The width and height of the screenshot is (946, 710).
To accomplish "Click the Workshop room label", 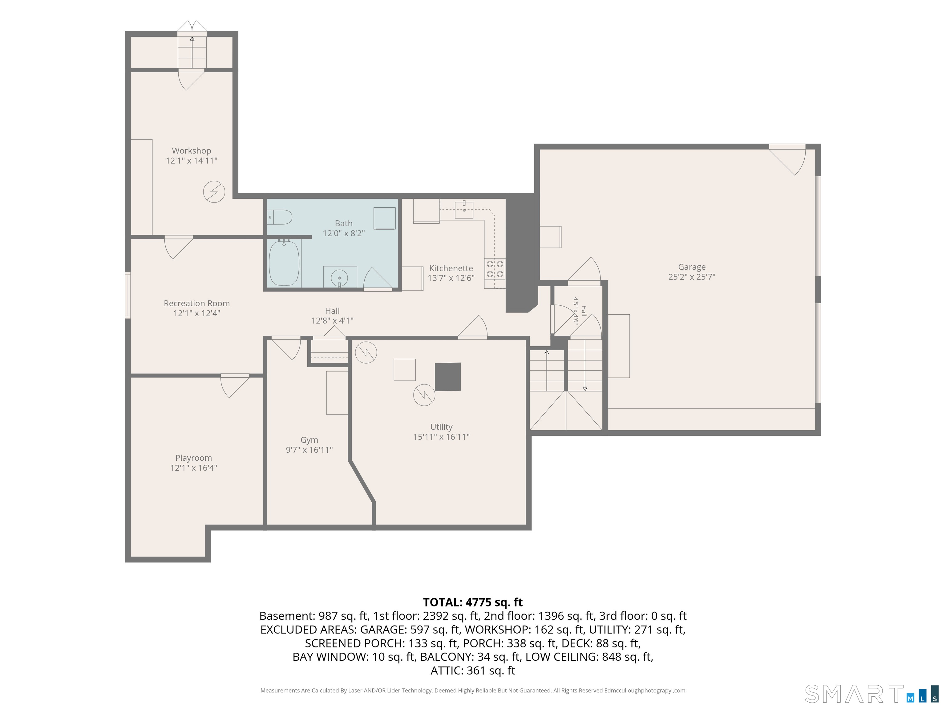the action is pos(191,151).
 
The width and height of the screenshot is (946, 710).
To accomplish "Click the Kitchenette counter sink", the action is pos(464,209).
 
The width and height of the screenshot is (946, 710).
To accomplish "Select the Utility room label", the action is pos(441,427).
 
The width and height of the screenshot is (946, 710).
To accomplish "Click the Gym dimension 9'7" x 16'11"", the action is pos(309,450).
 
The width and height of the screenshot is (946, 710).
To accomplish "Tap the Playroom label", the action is pos(193,458).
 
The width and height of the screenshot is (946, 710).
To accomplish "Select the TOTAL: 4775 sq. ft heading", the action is pos(473,602).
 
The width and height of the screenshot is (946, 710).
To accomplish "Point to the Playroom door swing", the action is pos(235,386).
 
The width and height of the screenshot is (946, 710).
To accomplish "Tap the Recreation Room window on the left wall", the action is pos(127,295).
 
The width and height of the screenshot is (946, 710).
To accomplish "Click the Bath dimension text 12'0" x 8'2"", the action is pos(343,233).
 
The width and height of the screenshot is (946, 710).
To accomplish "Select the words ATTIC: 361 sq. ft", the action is pos(473,671).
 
